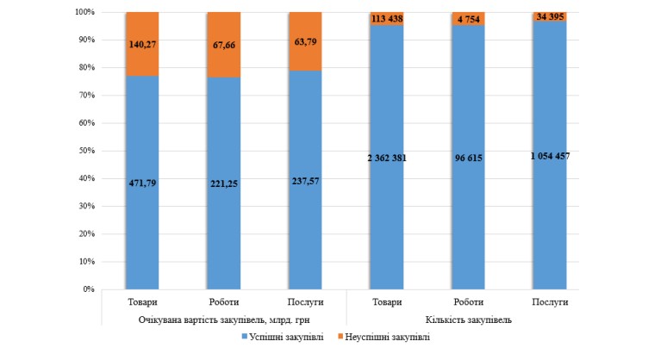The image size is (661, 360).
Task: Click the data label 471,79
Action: (x=142, y=182)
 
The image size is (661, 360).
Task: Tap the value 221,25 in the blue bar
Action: (x=224, y=183)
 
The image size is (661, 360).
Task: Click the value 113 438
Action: (x=386, y=17)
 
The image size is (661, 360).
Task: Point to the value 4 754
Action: (x=468, y=17)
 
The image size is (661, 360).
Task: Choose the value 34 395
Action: (x=549, y=16)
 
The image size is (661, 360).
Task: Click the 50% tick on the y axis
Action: (x=84, y=151)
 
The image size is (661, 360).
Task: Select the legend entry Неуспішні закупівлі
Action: (x=384, y=338)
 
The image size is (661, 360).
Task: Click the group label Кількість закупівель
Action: (x=468, y=320)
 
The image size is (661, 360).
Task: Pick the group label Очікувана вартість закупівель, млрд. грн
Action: (x=223, y=320)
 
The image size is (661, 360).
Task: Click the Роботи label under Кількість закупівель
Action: (x=468, y=302)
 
